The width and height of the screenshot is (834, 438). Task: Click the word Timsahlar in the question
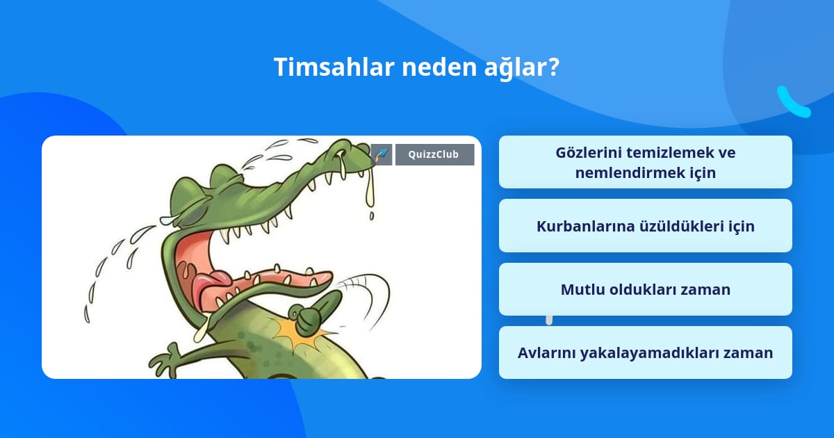(x=334, y=67)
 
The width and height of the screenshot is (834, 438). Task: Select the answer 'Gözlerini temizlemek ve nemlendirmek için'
(x=645, y=162)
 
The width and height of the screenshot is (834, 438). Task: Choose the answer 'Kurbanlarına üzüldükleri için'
(x=645, y=226)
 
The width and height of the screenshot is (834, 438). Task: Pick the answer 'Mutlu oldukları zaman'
(x=645, y=289)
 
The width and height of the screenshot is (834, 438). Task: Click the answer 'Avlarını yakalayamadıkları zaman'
(x=645, y=352)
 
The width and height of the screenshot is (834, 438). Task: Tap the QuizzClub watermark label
(x=434, y=154)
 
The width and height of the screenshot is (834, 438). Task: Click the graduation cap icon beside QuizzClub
(x=382, y=154)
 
